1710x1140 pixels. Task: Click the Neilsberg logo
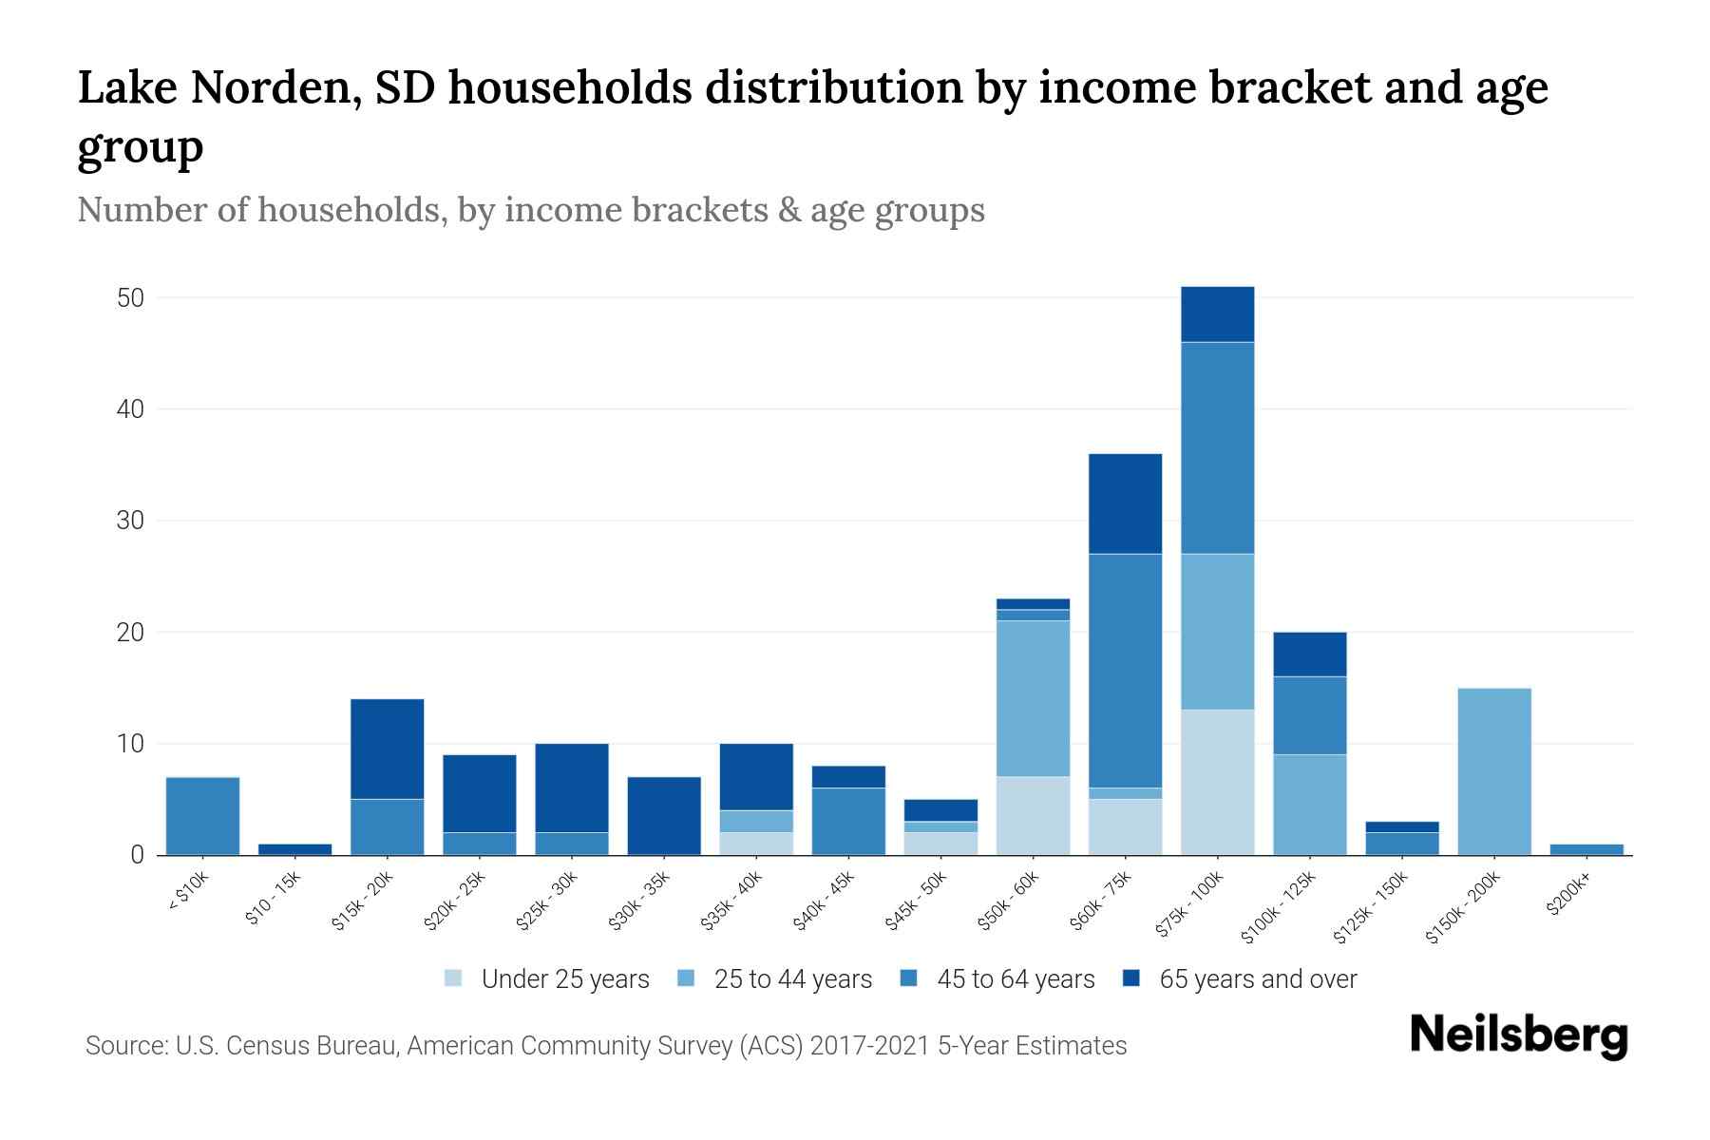point(1518,1035)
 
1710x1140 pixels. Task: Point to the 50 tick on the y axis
point(130,298)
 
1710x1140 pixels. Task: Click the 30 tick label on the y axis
point(130,521)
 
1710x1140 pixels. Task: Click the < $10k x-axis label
point(188,894)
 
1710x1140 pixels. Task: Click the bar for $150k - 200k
point(1494,771)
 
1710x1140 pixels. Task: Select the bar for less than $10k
point(202,816)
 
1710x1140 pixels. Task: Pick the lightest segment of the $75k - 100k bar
point(1217,782)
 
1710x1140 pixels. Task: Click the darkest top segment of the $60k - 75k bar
point(1125,503)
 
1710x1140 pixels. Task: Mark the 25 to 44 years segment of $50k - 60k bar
point(1033,698)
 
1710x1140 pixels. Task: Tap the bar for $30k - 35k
point(664,816)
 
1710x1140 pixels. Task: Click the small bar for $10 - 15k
point(294,849)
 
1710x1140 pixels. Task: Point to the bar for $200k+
point(1586,849)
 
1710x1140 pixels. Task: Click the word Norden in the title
point(274,88)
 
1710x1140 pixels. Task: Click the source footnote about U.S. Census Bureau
point(606,1046)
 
